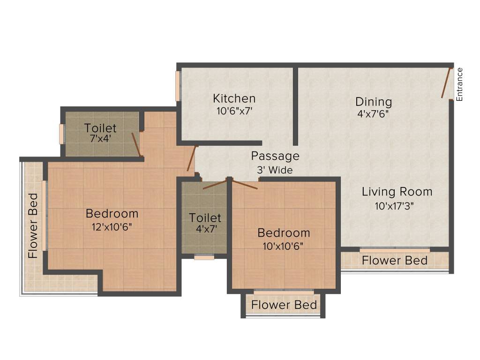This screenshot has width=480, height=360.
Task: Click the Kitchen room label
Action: click(x=234, y=98)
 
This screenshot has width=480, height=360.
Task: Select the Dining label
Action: click(x=373, y=102)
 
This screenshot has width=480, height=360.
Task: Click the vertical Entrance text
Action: click(x=459, y=84)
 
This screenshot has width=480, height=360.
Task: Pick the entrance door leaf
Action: click(x=446, y=83)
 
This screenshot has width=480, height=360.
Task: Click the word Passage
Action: click(x=275, y=156)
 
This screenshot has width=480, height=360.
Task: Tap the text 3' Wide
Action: click(x=275, y=170)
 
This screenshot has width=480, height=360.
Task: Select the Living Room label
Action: click(x=397, y=192)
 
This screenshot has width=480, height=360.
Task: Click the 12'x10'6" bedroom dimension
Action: click(x=112, y=227)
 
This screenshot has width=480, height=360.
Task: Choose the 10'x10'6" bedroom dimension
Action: click(x=284, y=246)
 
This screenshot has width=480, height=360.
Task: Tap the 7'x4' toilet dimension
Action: click(x=100, y=139)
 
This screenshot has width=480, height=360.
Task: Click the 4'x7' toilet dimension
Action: click(x=205, y=230)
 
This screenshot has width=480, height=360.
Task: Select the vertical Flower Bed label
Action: click(x=33, y=226)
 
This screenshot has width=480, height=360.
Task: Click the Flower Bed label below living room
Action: click(x=395, y=261)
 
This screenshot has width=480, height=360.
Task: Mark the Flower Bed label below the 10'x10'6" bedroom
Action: click(x=284, y=305)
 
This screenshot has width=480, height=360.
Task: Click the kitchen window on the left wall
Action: click(x=178, y=86)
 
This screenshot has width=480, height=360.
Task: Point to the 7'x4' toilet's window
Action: click(x=61, y=134)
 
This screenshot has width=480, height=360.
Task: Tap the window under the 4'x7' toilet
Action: click(x=204, y=257)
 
